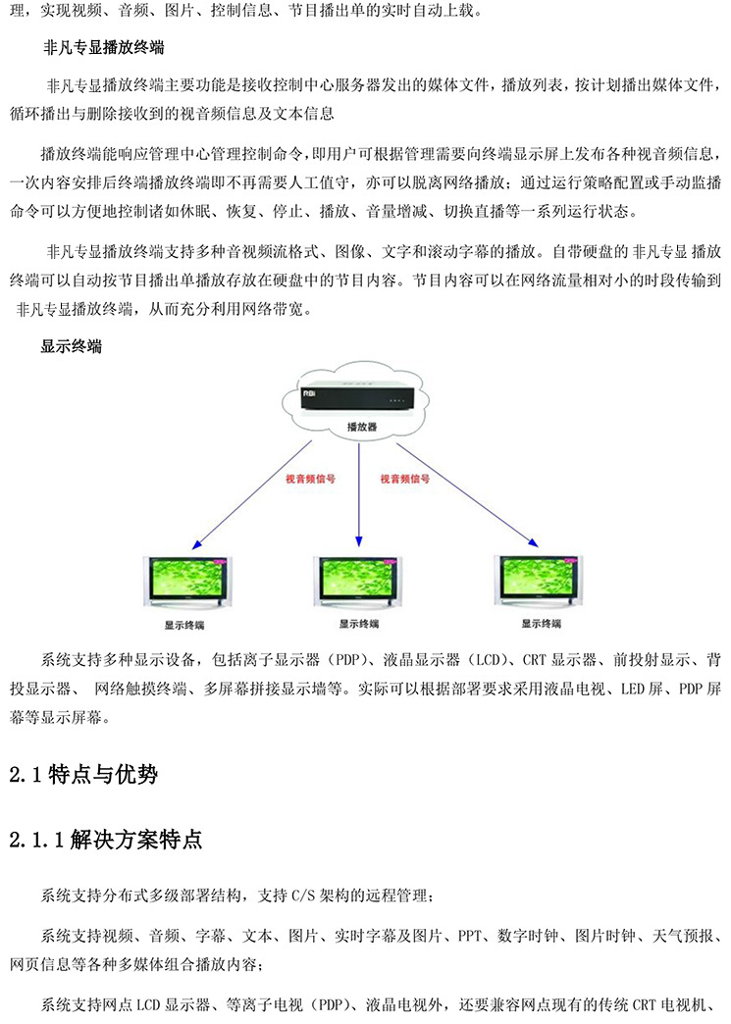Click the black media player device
coord(358,399)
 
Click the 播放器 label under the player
coord(362,427)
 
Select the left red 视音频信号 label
coord(310,479)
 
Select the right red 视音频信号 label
coord(405,479)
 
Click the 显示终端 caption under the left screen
coord(184,626)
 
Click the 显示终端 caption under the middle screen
coord(359,625)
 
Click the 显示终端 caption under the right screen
coord(541,624)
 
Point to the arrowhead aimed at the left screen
coord(196,545)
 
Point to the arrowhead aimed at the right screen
coord(534,542)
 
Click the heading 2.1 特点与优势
coord(83,775)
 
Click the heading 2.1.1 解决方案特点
coord(106,840)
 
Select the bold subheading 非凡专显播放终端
coord(103,48)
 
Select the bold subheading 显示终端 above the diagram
coord(72,346)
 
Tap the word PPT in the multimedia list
coord(470,936)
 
